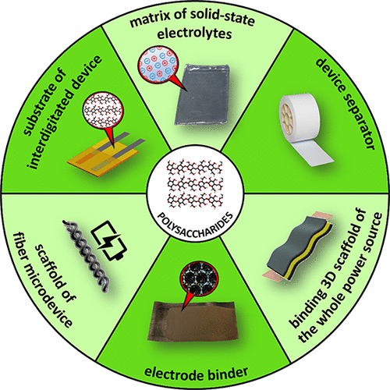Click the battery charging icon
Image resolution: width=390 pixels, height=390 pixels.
(110, 240)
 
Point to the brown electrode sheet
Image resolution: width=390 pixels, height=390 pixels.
(193, 321)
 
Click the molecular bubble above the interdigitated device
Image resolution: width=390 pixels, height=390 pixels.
(103, 112)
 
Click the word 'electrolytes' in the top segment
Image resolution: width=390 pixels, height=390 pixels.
(194, 34)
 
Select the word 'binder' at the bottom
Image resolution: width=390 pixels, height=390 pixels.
(228, 374)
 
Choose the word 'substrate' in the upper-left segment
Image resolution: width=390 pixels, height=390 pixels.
(44, 102)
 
